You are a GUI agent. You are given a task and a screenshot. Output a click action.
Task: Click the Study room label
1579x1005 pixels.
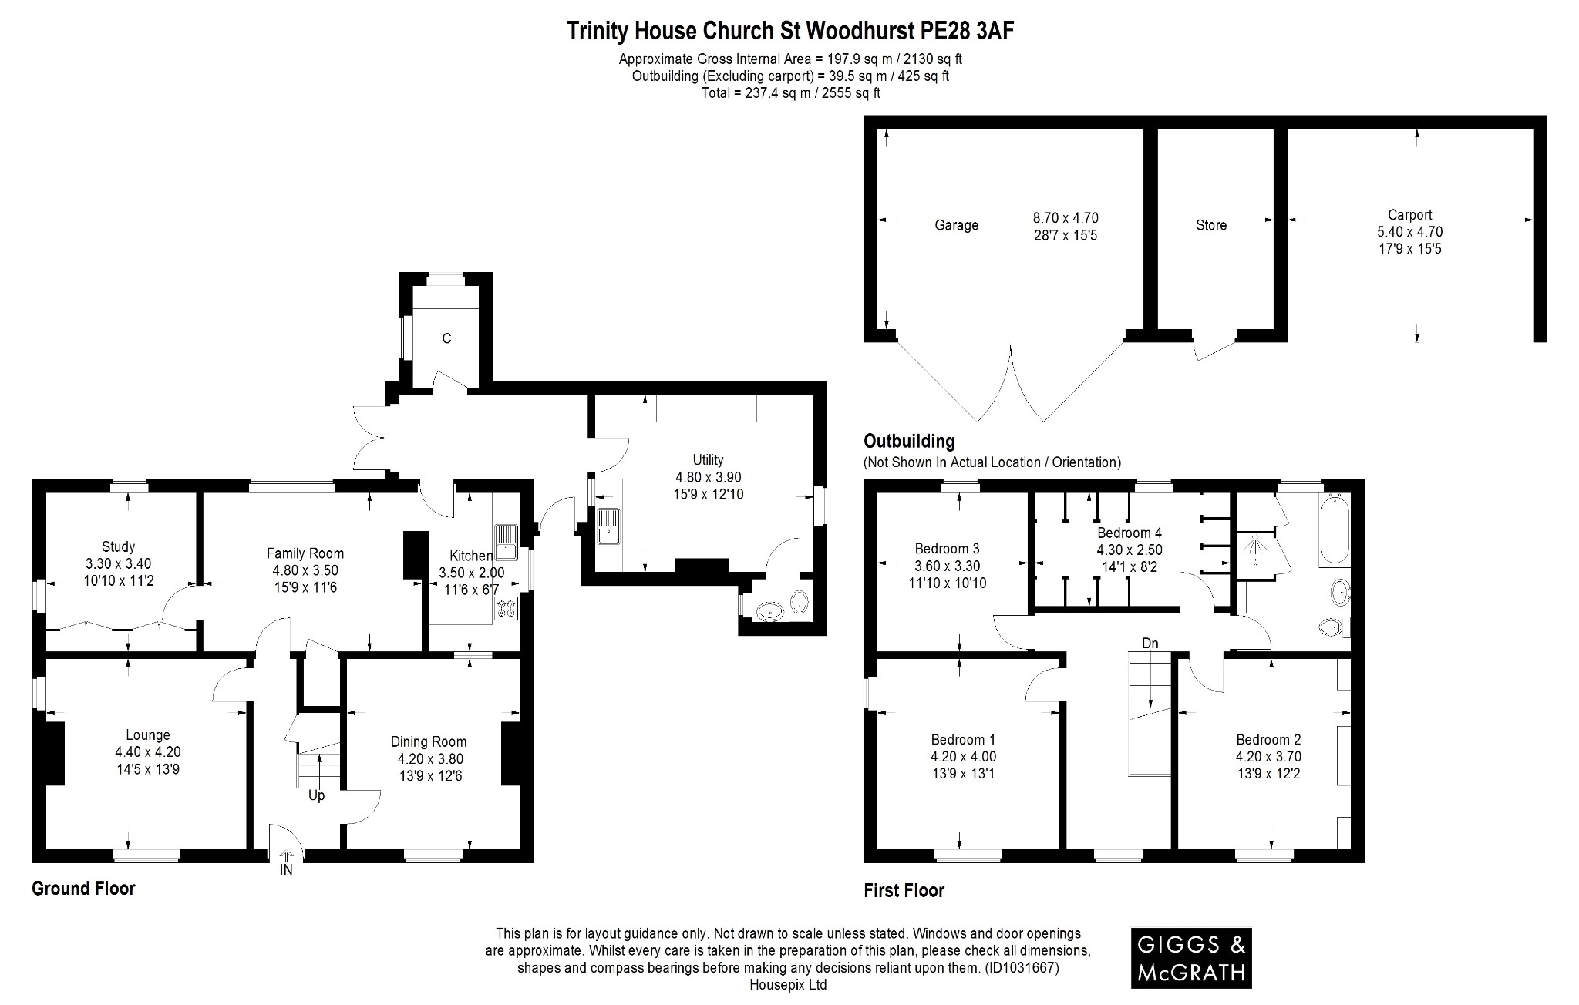[x=118, y=547]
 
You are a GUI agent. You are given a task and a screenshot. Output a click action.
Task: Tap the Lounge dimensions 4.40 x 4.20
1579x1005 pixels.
[x=148, y=752]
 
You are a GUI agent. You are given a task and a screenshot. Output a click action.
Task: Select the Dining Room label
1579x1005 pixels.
[x=429, y=741]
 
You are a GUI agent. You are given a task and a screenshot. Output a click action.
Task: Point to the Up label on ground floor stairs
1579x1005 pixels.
[x=316, y=796]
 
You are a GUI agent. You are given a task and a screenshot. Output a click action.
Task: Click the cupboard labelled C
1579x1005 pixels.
[x=446, y=338]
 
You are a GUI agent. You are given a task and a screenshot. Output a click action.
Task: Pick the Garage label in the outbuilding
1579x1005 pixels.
[x=956, y=225]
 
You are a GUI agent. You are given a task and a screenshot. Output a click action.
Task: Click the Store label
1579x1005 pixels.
[x=1210, y=225]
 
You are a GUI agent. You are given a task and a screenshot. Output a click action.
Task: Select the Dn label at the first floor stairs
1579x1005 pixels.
[x=1150, y=643]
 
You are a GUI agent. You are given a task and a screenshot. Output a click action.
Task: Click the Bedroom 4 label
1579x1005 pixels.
[x=1129, y=533]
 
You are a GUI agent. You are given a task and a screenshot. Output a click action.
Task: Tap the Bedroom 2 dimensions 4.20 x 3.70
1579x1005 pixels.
[x=1268, y=757]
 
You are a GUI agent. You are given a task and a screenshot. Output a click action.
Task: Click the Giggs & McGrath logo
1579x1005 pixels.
[x=1191, y=958]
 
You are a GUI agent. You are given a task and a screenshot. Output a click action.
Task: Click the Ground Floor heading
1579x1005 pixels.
[x=83, y=889]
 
